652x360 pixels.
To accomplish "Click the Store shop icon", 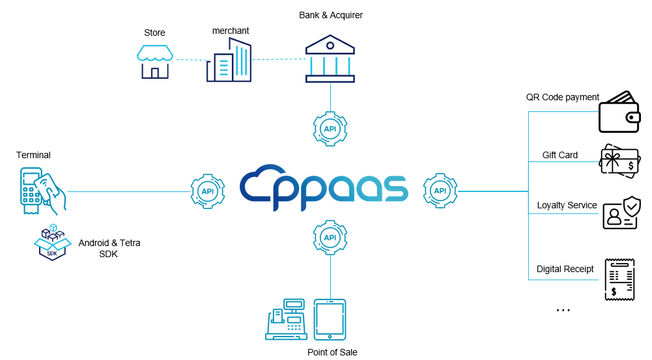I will (154, 61).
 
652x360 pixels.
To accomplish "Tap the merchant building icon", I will (229, 61).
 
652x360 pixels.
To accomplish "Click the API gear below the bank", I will (330, 129).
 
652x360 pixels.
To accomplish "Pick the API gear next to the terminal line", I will (208, 191).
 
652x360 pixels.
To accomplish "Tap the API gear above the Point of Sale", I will (330, 238).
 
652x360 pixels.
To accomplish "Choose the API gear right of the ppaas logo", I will (440, 191).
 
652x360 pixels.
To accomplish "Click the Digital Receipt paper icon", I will (619, 279).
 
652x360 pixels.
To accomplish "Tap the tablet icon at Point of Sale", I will (330, 319).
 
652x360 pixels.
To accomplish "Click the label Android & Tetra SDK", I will (109, 248).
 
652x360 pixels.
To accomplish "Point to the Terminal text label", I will (33, 155).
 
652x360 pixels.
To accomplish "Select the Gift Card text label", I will (560, 155).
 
